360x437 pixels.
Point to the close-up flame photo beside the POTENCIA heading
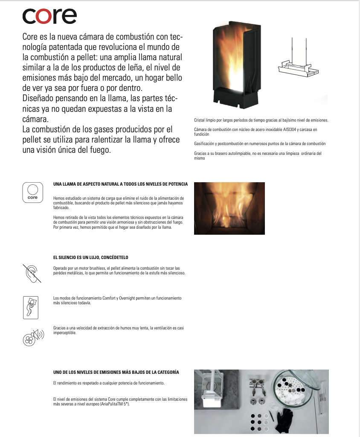click(x=229, y=208)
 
